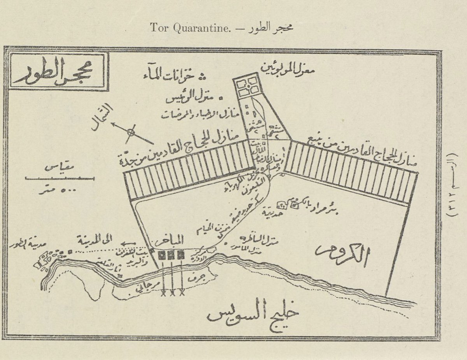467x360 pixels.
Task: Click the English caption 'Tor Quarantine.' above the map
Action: pyautogui.click(x=179, y=29)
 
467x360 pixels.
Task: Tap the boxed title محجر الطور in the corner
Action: pyautogui.click(x=56, y=73)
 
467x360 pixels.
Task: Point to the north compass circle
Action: pyautogui.click(x=131, y=133)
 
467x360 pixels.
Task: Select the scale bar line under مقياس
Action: pyautogui.click(x=59, y=178)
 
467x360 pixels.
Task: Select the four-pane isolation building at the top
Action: pyautogui.click(x=248, y=87)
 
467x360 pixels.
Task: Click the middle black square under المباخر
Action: pyautogui.click(x=171, y=256)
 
